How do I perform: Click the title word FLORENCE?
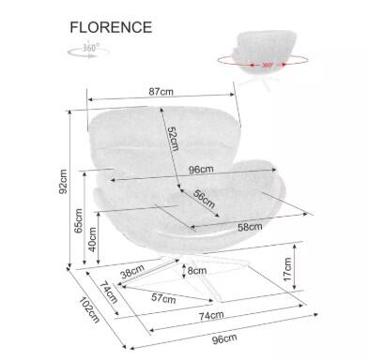tap(110, 26)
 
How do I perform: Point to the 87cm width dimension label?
tap(160, 92)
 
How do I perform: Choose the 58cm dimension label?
tap(250, 227)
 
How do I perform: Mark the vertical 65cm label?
tap(79, 222)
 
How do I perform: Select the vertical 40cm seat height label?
tap(93, 242)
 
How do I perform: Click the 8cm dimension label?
tap(196, 271)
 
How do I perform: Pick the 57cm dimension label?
tap(163, 298)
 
